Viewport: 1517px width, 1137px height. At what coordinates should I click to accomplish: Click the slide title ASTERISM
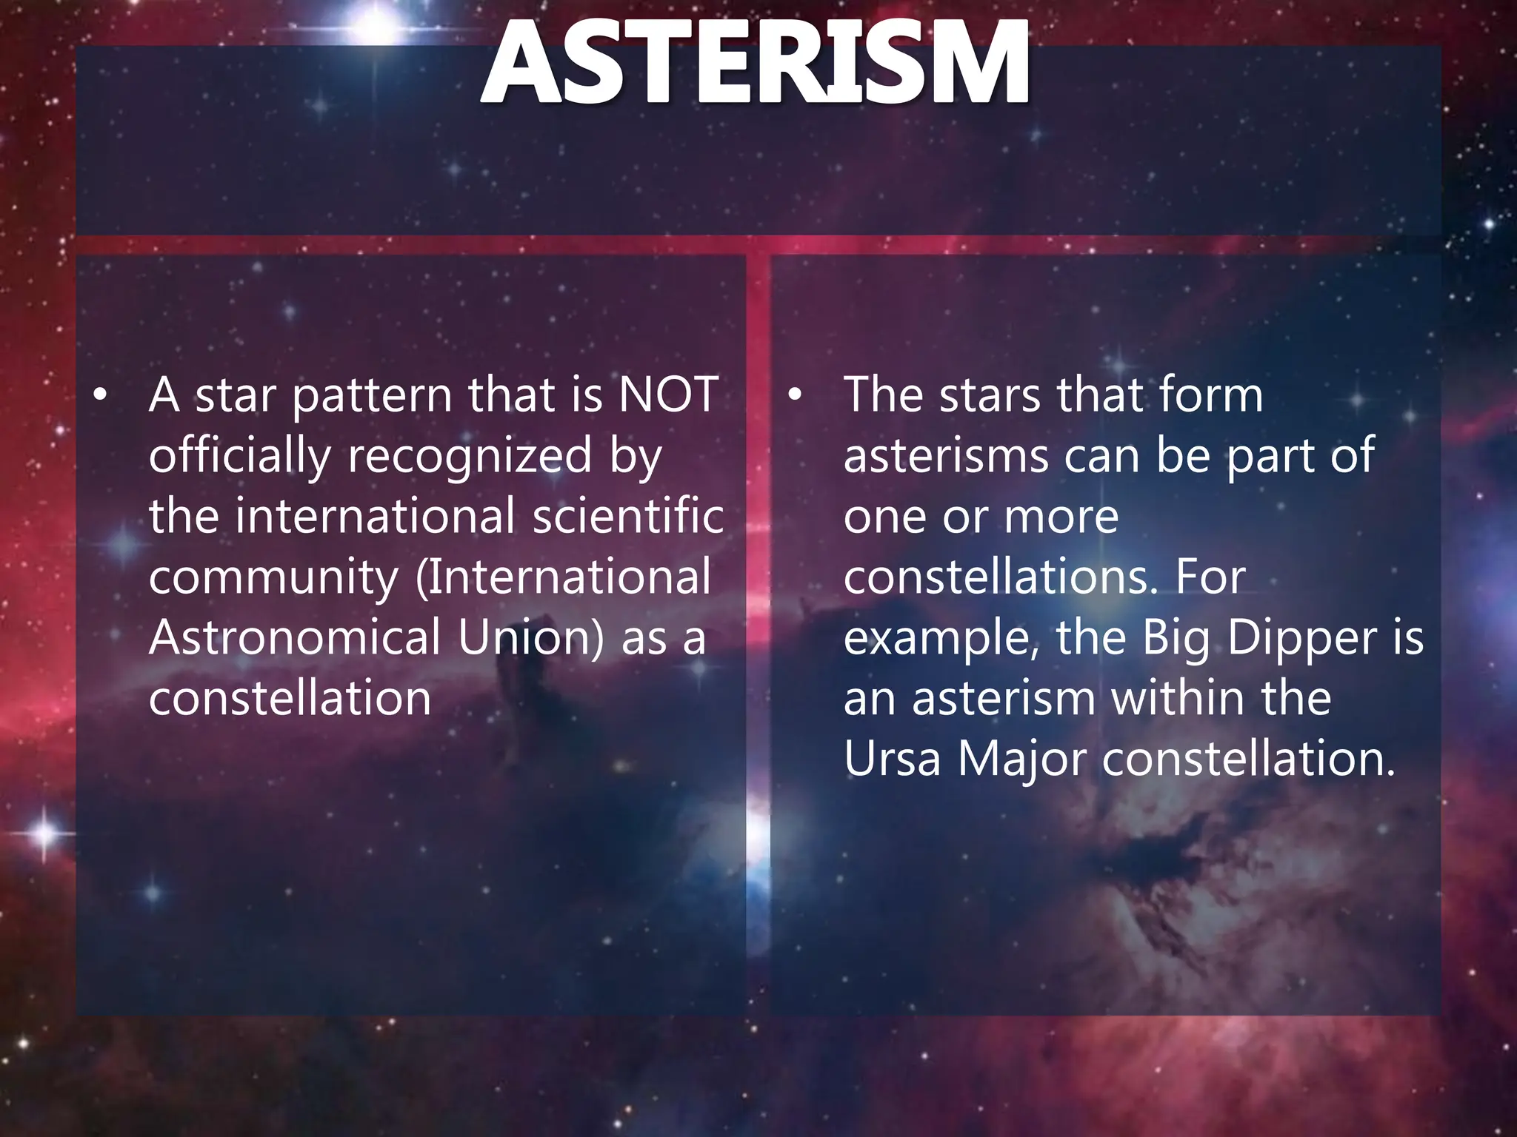(755, 64)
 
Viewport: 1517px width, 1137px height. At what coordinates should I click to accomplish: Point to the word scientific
(628, 516)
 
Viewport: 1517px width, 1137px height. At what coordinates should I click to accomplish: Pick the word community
(273, 577)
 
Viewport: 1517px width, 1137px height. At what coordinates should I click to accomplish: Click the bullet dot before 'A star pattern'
(101, 396)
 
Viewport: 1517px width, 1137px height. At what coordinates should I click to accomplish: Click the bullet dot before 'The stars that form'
(795, 396)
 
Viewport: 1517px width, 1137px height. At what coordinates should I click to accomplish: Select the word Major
(1021, 760)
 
